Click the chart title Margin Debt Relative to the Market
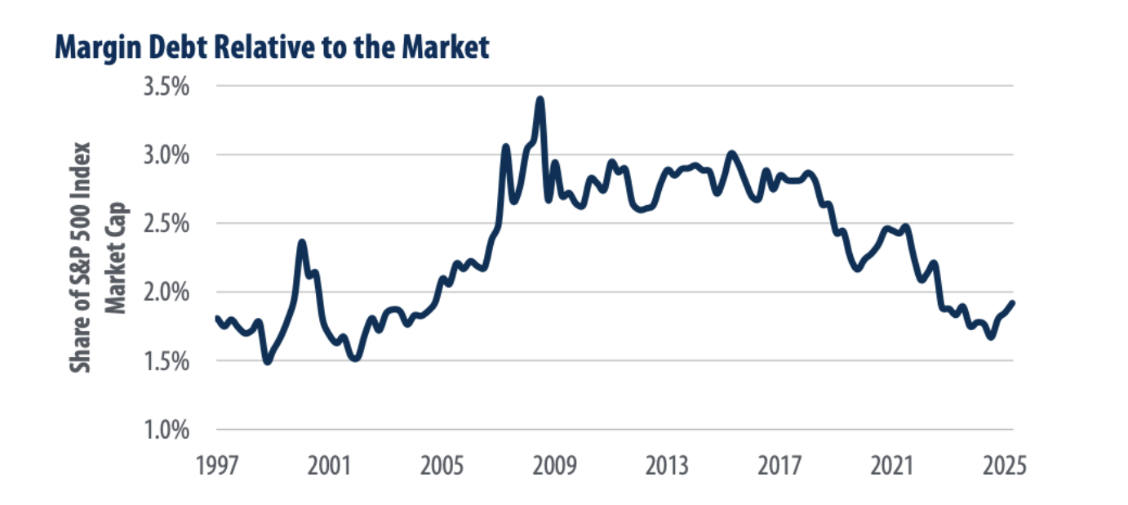272,48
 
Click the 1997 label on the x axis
216,467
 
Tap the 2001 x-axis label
329,467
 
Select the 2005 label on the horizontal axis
442,467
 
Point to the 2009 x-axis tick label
554,467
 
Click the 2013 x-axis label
667,467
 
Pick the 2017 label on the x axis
779,467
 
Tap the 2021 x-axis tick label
892,467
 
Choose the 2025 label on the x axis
1004,467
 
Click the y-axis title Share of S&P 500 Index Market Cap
96,258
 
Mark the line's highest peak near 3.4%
540,101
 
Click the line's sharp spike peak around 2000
302,243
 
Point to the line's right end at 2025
1012,303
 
